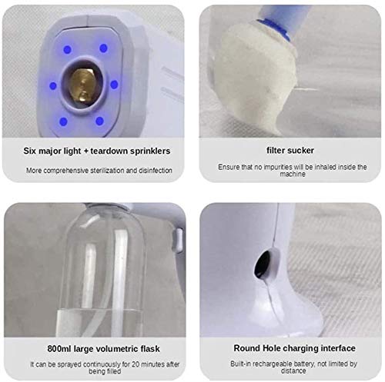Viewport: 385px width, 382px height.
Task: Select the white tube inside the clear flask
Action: tap(90, 277)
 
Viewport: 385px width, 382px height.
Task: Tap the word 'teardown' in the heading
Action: tap(112, 151)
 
